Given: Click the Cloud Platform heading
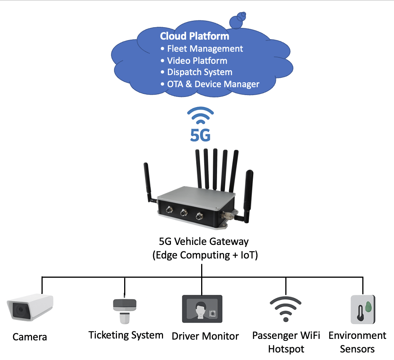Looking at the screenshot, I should pos(194,36).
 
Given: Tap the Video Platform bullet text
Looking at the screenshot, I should pos(197,60).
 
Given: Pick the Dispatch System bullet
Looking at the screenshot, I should pos(200,72).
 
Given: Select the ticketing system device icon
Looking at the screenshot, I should pos(125,311).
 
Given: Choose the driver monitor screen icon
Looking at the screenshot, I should pos(202,309).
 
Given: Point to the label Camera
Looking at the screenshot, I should pos(30,337).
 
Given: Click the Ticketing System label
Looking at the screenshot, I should pos(126,335).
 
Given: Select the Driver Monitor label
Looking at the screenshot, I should pos(205,336).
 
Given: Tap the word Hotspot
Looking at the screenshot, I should pos(286,349).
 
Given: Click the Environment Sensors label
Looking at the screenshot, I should pos(357,342).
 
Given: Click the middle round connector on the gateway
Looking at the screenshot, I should pos(184,214).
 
